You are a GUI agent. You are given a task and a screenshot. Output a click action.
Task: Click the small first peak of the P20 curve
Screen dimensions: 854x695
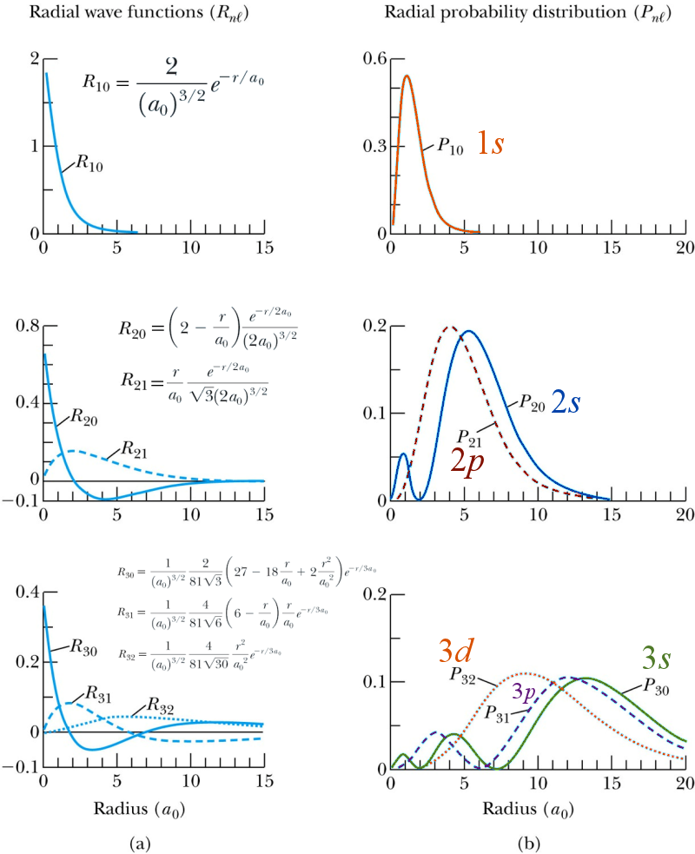click(x=403, y=454)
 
